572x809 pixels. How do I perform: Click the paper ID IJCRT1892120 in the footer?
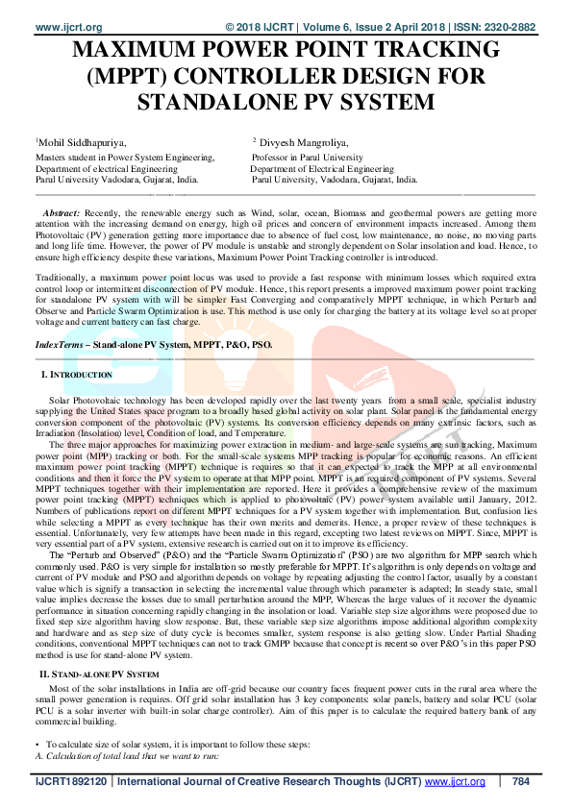tap(72, 782)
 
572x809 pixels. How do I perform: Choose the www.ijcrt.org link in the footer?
tap(454, 782)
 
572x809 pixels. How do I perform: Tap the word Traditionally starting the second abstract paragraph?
tap(68, 275)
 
